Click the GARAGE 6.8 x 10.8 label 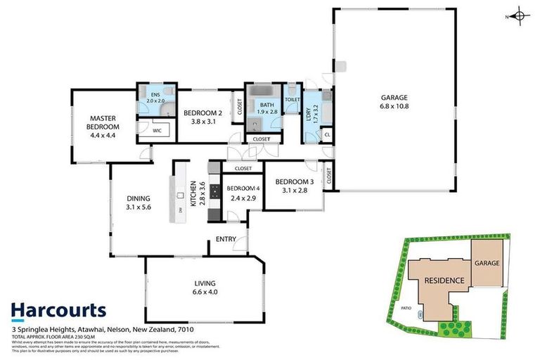pos(394,102)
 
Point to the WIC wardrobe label pos(157,129)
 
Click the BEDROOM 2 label pos(202,117)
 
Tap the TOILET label pos(292,100)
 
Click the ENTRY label pos(226,239)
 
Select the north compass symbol pos(518,15)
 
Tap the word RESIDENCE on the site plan pos(444,281)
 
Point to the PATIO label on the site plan pos(406,308)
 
